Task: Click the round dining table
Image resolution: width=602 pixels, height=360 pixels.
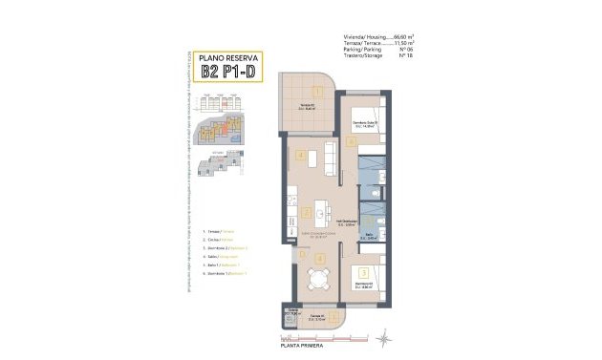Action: (x=314, y=281)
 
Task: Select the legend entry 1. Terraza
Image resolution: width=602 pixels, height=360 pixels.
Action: (x=220, y=232)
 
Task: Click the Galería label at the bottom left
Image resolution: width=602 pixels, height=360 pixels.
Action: (x=289, y=310)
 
